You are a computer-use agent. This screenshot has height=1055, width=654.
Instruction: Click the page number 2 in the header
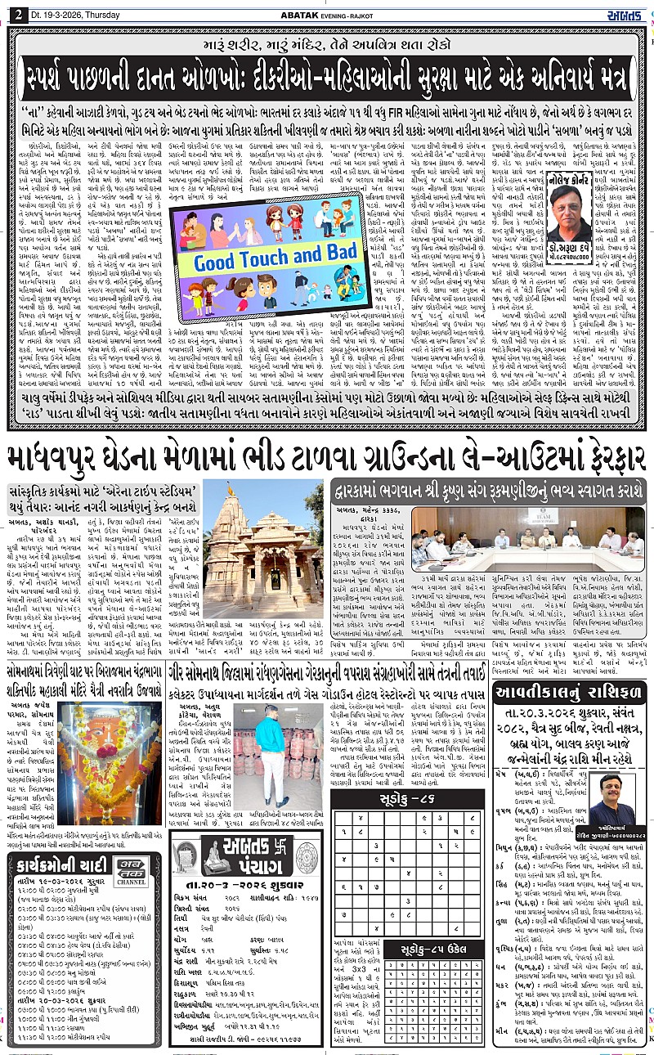(x=17, y=11)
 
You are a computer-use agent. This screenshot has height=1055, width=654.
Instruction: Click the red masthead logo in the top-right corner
(x=627, y=11)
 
